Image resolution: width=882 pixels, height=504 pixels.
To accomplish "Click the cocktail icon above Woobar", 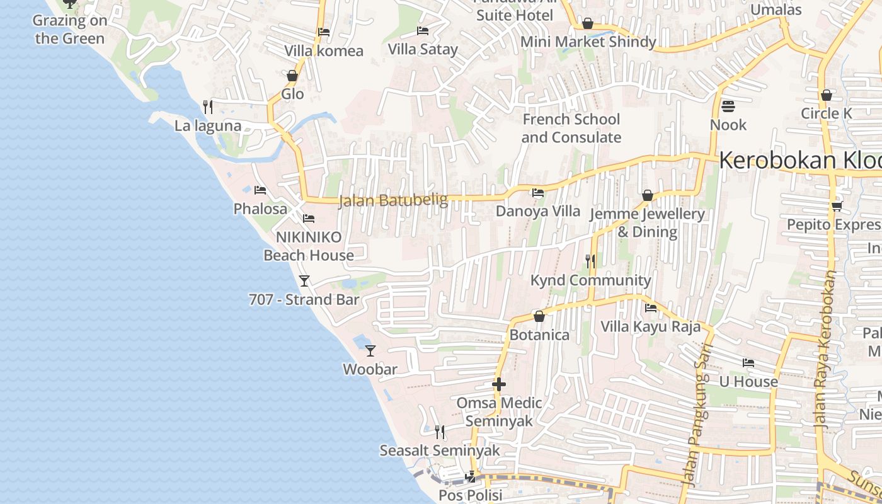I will tap(370, 350).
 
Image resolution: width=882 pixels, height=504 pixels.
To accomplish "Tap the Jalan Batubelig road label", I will tap(393, 200).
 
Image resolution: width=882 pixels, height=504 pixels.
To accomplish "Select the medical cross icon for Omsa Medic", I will tap(499, 384).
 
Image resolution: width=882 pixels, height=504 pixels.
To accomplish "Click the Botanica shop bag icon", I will tap(539, 316).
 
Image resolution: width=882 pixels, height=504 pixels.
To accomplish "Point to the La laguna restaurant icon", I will tap(208, 106).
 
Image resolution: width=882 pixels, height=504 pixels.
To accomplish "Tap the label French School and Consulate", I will tap(571, 128).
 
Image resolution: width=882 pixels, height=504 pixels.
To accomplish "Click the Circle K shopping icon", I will tap(827, 95).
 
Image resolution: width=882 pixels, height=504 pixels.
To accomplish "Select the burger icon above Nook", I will tap(728, 106).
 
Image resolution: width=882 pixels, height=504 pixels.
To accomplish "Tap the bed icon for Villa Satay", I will tap(423, 30).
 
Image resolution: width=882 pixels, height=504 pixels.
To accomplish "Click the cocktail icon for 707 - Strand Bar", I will tap(304, 280).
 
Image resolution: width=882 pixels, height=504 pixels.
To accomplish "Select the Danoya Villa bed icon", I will tap(538, 192).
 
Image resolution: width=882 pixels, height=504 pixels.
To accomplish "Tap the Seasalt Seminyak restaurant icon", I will tap(440, 432).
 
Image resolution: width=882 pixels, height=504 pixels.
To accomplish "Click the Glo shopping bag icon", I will tap(292, 76).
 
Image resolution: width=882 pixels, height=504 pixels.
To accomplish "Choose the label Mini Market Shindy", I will tap(588, 42).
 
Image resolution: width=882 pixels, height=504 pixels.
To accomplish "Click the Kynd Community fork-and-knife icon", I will tap(590, 261).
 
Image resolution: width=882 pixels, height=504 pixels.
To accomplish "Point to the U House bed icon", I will tap(748, 362).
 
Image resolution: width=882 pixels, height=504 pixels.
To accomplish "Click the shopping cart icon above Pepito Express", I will tap(837, 206).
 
